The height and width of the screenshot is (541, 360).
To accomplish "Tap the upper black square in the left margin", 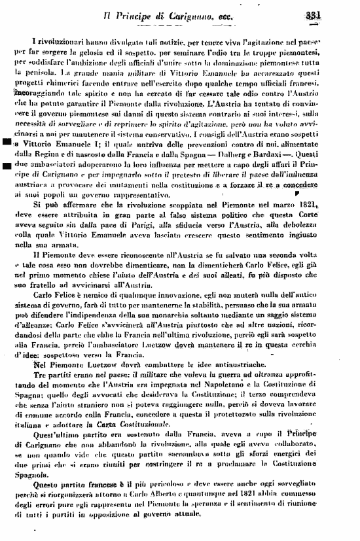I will pos(7,159).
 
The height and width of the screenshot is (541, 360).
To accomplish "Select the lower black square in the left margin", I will pos(7,184).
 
